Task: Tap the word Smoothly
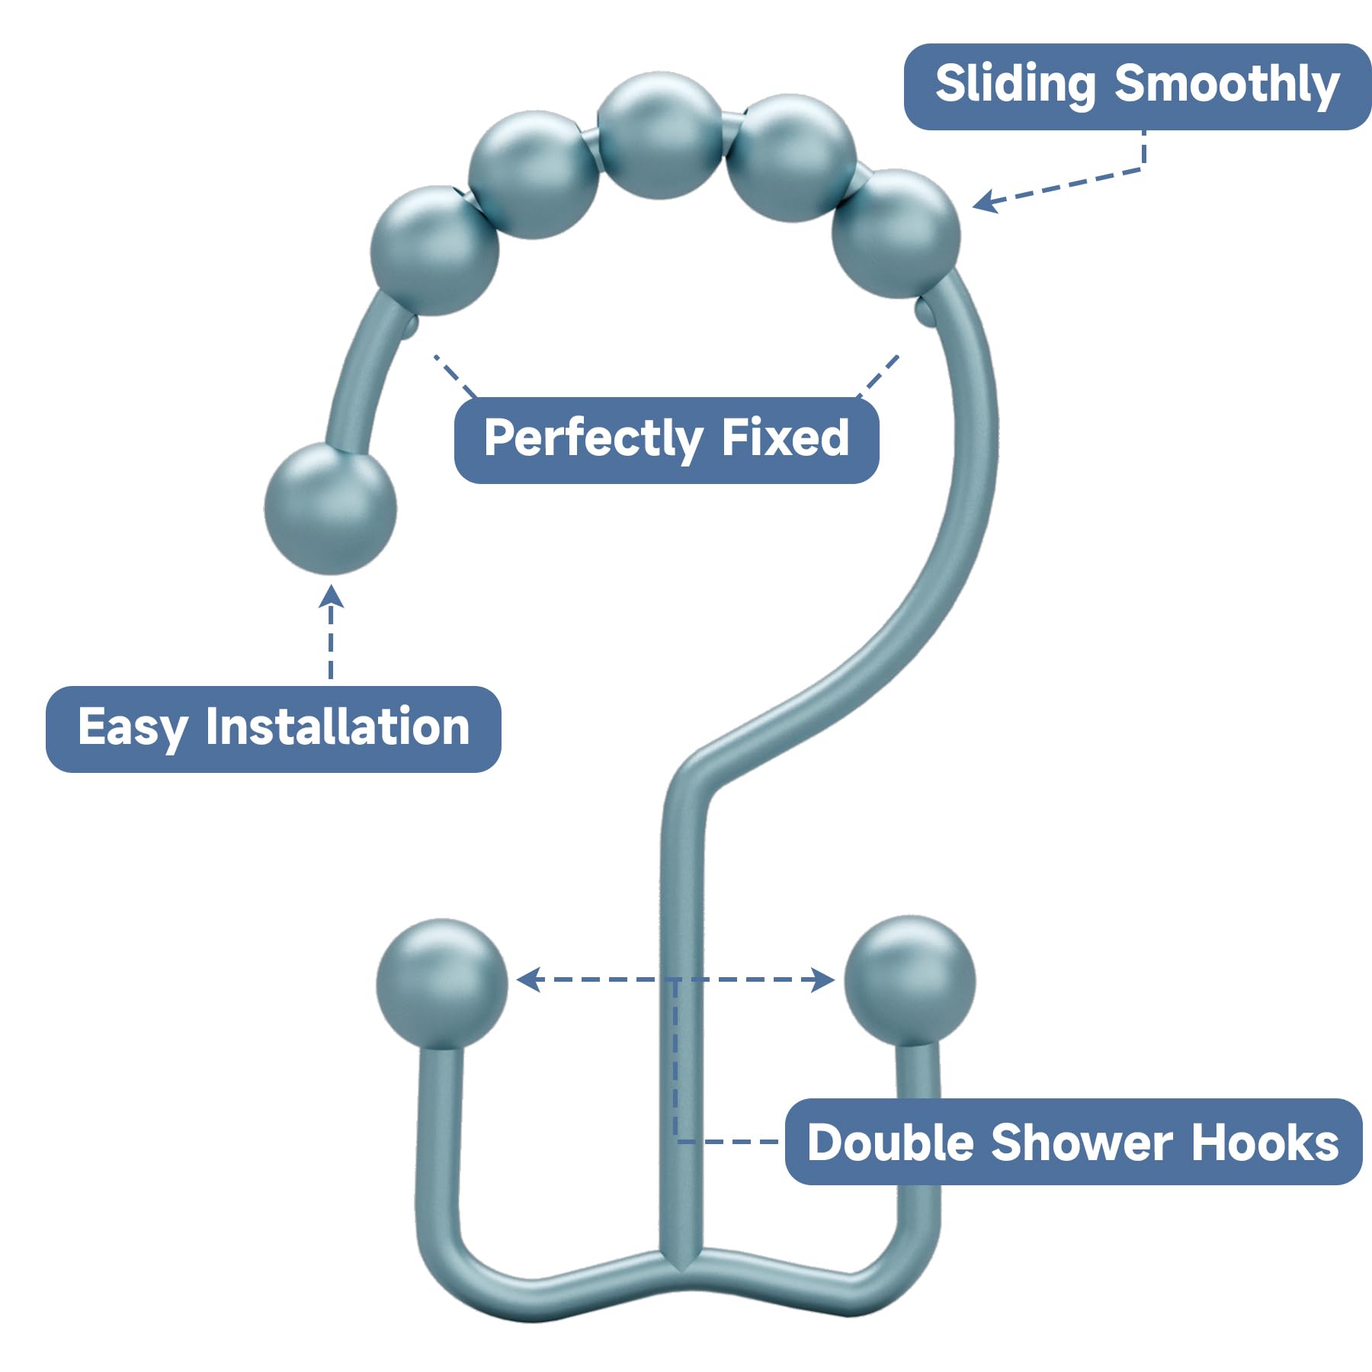pyautogui.click(x=1226, y=85)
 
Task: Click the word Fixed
pyautogui.click(x=785, y=439)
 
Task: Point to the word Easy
pyautogui.click(x=133, y=727)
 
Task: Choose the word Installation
pyautogui.click(x=338, y=727)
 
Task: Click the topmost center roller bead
pyautogui.click(x=660, y=136)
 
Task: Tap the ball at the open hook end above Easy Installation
pyautogui.click(x=330, y=508)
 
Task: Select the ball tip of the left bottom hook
pyautogui.click(x=441, y=983)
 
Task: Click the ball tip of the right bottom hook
pyautogui.click(x=910, y=980)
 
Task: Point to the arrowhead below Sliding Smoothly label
pyautogui.click(x=984, y=202)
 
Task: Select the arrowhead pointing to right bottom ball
pyautogui.click(x=824, y=979)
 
